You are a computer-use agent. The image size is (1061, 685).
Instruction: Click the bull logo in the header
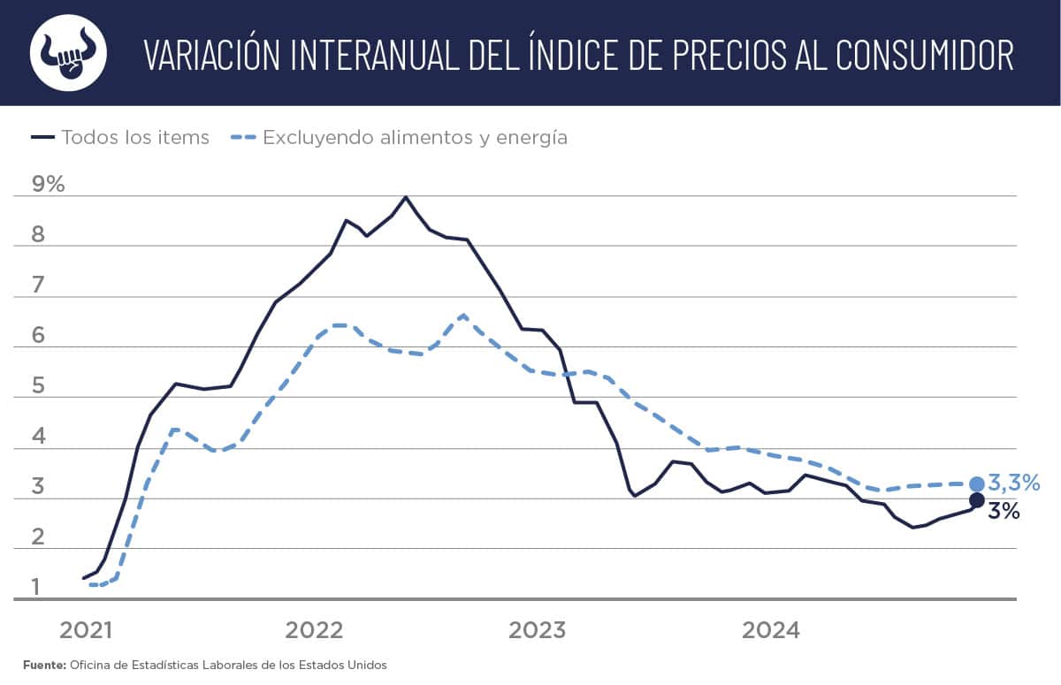(68, 53)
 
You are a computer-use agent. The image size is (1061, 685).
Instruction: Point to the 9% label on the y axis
(48, 184)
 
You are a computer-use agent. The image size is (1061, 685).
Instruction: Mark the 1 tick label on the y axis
(36, 587)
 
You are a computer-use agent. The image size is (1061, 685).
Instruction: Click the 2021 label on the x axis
(86, 630)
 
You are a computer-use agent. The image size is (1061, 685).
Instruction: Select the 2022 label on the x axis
(313, 630)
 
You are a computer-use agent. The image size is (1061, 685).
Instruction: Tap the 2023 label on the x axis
(538, 630)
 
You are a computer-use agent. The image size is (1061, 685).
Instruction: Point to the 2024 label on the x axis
(770, 630)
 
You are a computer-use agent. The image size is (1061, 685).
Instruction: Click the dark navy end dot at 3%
(977, 500)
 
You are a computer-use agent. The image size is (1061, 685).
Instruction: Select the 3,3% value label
(1013, 483)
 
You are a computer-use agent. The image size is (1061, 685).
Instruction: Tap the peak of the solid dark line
(405, 197)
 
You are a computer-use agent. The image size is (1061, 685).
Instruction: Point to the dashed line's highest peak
(463, 315)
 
